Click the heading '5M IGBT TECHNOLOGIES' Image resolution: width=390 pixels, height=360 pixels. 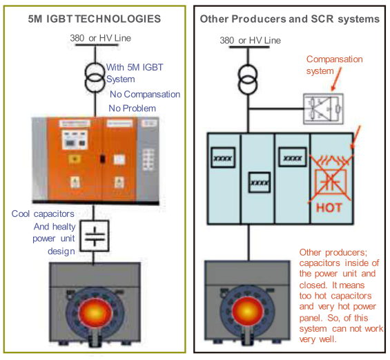click(x=95, y=19)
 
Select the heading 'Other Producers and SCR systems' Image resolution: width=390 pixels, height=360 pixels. click(x=290, y=19)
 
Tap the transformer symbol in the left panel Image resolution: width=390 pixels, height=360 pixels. click(x=95, y=77)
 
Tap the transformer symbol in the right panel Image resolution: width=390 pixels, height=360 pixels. click(x=248, y=79)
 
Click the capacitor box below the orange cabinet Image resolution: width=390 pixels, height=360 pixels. click(x=95, y=236)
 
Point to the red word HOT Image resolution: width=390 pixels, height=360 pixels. click(x=329, y=207)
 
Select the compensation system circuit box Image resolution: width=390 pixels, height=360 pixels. click(x=323, y=108)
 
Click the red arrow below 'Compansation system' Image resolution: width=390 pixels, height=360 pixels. click(x=336, y=79)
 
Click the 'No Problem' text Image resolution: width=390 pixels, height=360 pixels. click(x=133, y=108)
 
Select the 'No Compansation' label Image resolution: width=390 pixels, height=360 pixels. click(x=145, y=95)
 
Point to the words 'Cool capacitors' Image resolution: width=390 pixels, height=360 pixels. click(x=43, y=214)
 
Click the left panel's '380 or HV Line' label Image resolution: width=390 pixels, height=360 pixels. click(x=100, y=38)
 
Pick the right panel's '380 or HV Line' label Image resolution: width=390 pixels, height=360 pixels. click(x=250, y=40)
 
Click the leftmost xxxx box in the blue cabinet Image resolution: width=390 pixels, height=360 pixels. click(x=223, y=158)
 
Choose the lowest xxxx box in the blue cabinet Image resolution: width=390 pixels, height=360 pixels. click(x=260, y=182)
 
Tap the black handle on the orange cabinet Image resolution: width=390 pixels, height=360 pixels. click(x=102, y=159)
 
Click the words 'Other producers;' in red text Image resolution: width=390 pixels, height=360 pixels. click(x=333, y=252)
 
